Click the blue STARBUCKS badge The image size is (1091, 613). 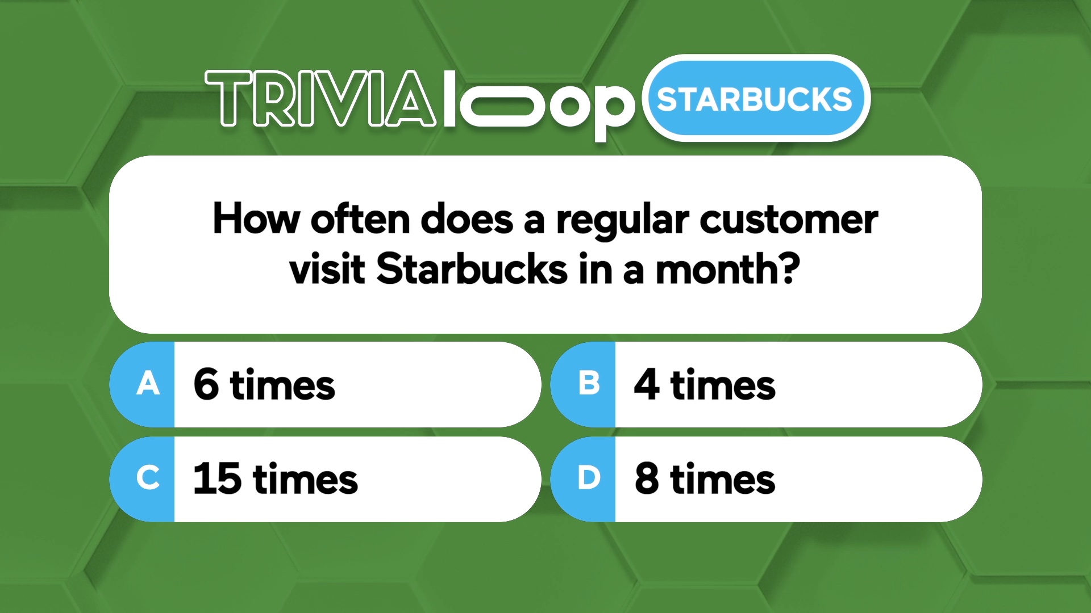pyautogui.click(x=756, y=98)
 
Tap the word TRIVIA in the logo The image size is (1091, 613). pyautogui.click(x=321, y=98)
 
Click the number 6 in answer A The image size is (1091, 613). pyautogui.click(x=206, y=384)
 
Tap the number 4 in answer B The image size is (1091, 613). pyautogui.click(x=647, y=384)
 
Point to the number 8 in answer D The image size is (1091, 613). pyautogui.click(x=647, y=478)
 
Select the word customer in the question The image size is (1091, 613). pyautogui.click(x=789, y=219)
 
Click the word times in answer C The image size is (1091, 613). pyautogui.click(x=305, y=479)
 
